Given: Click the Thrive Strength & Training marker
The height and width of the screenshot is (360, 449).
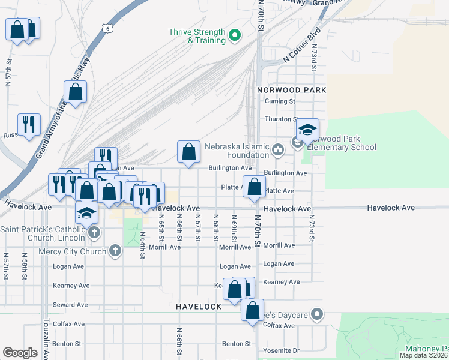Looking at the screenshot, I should [235, 36].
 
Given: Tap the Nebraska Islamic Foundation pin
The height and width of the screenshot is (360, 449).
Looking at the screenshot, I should [277, 149].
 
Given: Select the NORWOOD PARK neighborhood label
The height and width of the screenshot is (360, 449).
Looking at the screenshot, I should [291, 89].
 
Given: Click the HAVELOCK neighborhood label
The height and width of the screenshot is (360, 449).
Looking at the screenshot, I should [199, 306].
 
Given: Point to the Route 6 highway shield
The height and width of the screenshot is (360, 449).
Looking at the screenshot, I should [106, 28].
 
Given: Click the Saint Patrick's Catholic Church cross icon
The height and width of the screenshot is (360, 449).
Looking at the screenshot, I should [93, 232].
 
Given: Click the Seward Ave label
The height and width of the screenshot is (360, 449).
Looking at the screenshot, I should [71, 305].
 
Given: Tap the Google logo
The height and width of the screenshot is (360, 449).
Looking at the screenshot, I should [20, 352].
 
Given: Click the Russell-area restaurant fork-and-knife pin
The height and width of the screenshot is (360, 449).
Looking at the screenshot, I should [29, 125].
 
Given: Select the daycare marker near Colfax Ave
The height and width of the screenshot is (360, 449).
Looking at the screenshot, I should [318, 314].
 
